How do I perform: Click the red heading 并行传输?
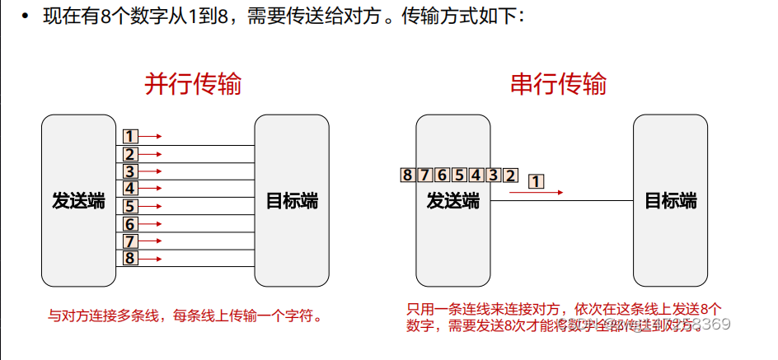point(193,84)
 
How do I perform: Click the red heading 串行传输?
point(559,84)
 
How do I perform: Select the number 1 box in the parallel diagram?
point(129,137)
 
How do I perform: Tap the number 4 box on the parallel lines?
point(129,189)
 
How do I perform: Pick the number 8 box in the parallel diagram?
point(129,259)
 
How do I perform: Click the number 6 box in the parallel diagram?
point(129,224)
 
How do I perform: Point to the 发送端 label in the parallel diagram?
point(79,201)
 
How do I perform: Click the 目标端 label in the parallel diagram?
point(292,201)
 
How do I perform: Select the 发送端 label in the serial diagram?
point(453,201)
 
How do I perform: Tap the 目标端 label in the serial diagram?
point(670,201)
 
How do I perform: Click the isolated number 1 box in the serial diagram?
point(536,180)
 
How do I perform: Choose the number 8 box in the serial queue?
point(406,175)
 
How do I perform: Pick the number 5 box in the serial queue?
point(458,175)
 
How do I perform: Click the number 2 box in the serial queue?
point(511,175)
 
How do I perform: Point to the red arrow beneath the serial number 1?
point(536,193)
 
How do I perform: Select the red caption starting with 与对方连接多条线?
point(183,316)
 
